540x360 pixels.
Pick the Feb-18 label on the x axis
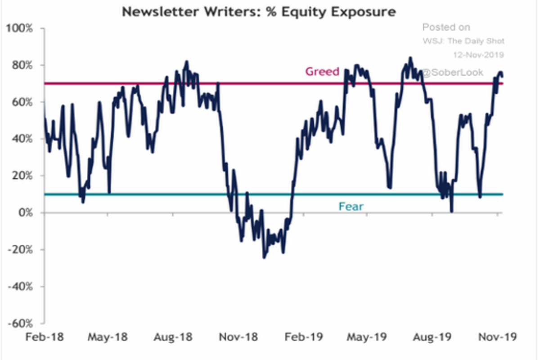[44, 337]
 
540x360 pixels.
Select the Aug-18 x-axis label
[173, 337]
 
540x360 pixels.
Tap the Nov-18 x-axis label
[238, 337]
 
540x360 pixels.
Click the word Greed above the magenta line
[322, 71]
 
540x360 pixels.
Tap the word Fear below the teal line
[351, 207]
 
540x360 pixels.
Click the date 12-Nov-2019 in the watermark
[478, 54]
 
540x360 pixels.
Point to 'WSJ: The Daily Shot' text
[463, 41]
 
